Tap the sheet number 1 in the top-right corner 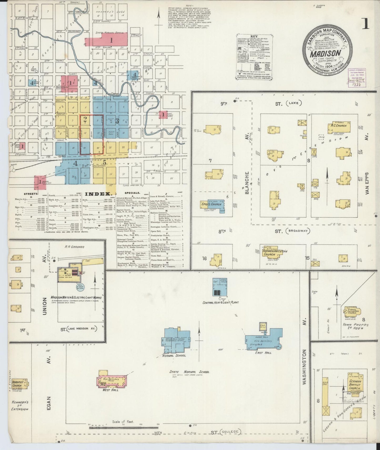366,24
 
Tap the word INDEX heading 97,194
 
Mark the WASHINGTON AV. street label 305,367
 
